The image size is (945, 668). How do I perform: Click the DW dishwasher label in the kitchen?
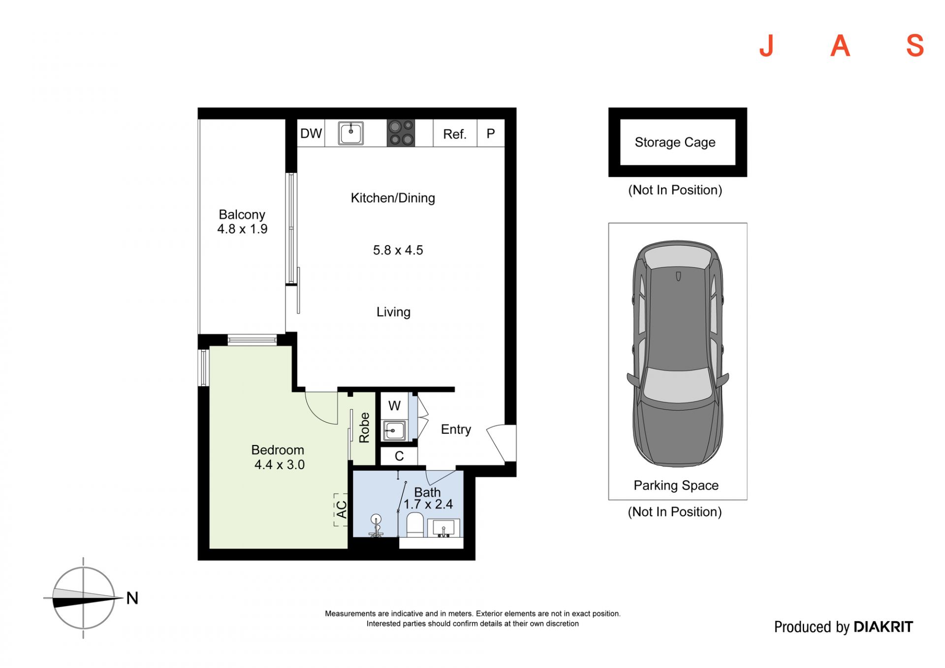coord(311,133)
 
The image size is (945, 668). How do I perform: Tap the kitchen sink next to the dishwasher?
coord(351,133)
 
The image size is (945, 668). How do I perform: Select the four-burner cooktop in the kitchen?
coord(401,133)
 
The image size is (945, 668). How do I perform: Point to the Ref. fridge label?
coord(454,134)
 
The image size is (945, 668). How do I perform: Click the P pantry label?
coord(491,133)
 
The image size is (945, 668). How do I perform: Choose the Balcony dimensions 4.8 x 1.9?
coord(242,229)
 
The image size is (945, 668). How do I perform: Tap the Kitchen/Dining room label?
coord(393,198)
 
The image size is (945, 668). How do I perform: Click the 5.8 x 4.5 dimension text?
coord(398,250)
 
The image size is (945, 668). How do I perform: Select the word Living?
coord(393,312)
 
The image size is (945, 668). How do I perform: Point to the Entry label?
coord(456,429)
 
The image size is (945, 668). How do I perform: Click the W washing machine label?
coord(394,406)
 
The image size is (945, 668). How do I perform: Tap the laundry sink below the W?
coord(394,431)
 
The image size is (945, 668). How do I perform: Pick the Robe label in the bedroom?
coord(364,428)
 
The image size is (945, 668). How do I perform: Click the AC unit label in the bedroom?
coord(341,509)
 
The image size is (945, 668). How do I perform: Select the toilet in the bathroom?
coord(415,524)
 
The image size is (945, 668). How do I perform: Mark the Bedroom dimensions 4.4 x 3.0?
coord(279,465)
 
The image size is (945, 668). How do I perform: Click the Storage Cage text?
coord(675,142)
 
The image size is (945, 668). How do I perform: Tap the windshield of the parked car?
coord(677,384)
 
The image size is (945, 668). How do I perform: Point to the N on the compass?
coord(132,598)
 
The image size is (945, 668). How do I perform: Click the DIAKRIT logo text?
coord(883,627)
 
